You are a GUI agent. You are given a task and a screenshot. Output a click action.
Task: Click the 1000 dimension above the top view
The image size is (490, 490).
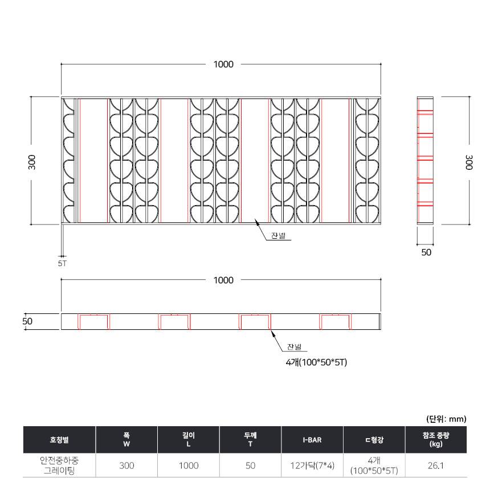[223, 64]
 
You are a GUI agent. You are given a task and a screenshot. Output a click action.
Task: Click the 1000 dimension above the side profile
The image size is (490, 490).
[223, 280]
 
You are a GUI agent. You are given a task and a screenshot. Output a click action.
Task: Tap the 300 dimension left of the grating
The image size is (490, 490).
[31, 162]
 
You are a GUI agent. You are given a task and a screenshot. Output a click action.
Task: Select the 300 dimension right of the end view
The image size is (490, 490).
[469, 162]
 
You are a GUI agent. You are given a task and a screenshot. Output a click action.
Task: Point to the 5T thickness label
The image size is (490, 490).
[62, 263]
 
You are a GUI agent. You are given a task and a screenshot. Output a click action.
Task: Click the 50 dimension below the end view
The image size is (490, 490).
[426, 252]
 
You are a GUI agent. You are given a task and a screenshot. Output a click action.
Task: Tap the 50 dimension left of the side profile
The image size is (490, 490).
[27, 321]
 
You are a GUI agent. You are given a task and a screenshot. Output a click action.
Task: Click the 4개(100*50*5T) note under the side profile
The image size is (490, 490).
[316, 362]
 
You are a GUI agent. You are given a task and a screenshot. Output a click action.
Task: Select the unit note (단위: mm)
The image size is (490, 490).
[446, 419]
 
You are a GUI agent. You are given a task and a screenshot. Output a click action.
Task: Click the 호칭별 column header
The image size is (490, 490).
[59, 440]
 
